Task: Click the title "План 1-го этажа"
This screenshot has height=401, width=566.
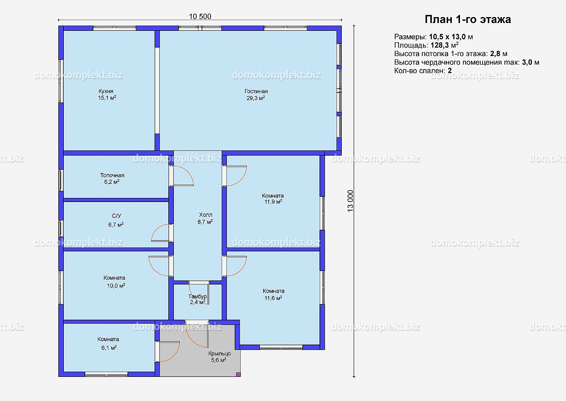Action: coord(468,19)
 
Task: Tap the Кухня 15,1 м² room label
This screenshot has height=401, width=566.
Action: coord(107,94)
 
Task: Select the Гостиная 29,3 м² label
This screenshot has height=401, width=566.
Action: coord(256,94)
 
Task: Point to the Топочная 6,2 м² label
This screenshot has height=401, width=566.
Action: coord(112,178)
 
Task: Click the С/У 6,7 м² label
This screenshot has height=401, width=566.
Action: coord(116,220)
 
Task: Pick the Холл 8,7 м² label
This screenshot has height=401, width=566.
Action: coord(205,218)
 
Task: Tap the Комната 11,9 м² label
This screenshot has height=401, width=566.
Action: coord(273,199)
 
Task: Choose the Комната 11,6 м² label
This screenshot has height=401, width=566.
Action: coord(274,294)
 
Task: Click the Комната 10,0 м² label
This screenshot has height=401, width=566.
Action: coord(115,282)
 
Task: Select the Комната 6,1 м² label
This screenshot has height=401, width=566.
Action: coord(108,343)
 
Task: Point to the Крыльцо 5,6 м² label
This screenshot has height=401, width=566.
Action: coord(219,357)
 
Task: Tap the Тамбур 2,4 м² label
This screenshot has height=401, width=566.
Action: coord(198,299)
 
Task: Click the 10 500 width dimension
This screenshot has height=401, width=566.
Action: coord(200,16)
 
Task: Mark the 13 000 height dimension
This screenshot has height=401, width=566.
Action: coord(350,201)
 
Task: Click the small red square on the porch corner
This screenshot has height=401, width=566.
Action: coord(238,374)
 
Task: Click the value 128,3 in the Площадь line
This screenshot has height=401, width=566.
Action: coord(440,45)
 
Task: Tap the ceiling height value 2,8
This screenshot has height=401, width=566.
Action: coord(495,54)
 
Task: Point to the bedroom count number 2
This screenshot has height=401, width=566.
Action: coord(450,71)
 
